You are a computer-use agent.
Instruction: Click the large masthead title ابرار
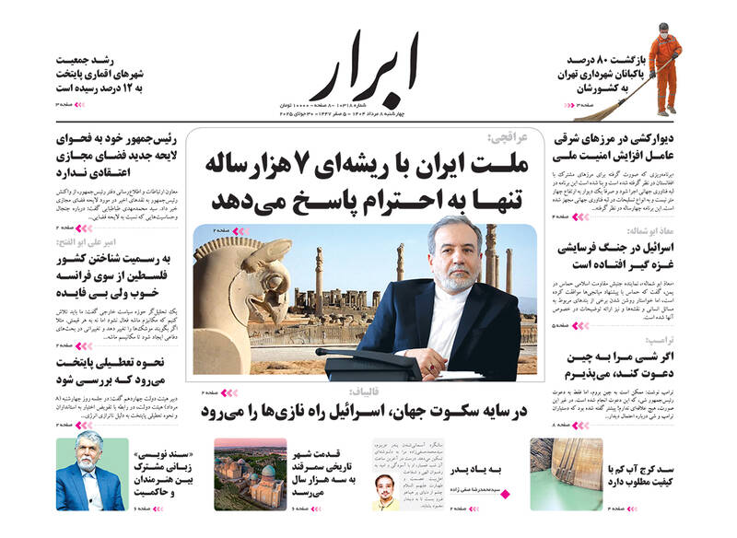(x=365, y=69)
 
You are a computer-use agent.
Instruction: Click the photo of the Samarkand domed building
(x=250, y=474)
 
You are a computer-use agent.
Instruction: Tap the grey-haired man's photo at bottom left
(x=91, y=474)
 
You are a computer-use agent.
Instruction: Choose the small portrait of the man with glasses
(x=386, y=492)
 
